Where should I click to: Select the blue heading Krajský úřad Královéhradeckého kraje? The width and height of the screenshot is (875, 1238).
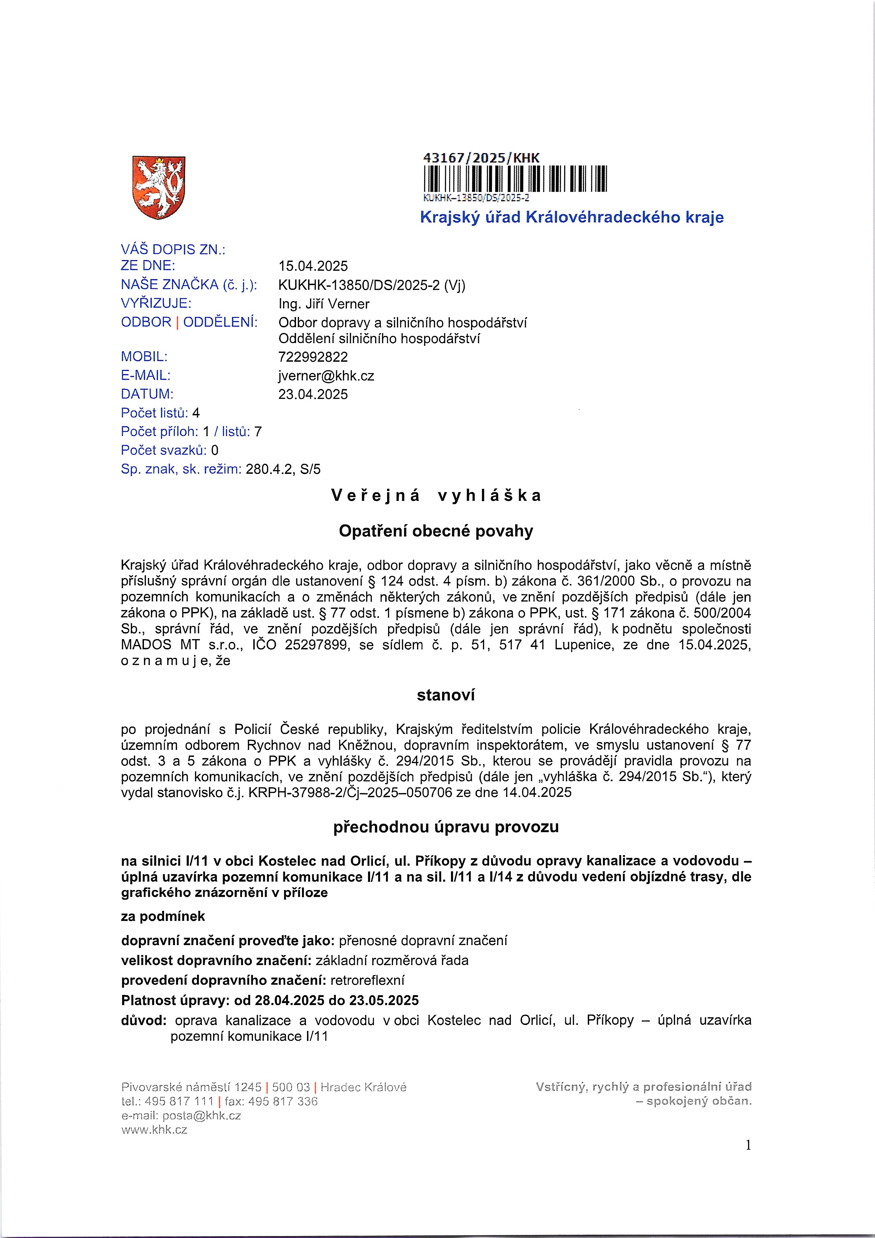[572, 217]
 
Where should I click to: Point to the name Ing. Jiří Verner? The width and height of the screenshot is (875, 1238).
[324, 304]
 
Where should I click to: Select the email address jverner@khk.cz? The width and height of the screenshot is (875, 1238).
[326, 376]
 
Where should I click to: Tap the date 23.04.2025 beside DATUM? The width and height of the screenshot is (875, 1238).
[313, 394]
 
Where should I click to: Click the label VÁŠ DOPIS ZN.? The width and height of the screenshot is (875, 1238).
[173, 250]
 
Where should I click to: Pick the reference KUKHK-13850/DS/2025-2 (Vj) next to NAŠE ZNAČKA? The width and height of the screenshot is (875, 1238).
[372, 285]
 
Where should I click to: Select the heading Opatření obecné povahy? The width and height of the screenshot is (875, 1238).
[436, 531]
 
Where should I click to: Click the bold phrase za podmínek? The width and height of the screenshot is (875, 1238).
[163, 917]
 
